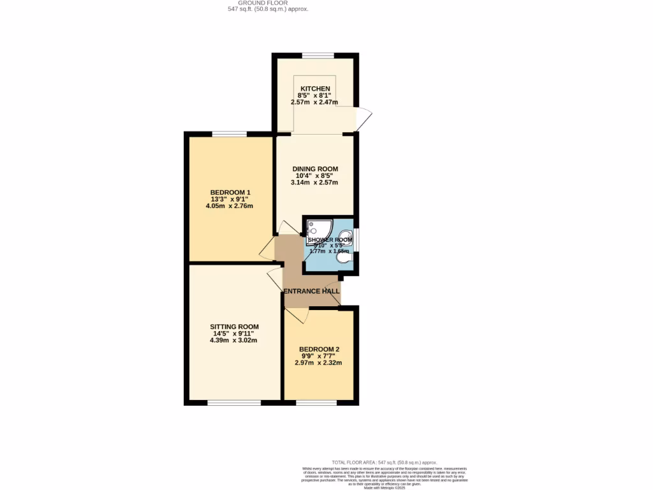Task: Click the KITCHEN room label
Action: click(316, 88)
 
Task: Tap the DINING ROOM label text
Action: click(316, 168)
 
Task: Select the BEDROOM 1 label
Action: click(230, 192)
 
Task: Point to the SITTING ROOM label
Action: click(234, 326)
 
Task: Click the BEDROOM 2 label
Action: click(319, 349)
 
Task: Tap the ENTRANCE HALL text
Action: click(311, 291)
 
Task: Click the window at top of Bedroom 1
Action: click(230, 134)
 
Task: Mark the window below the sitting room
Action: click(234, 403)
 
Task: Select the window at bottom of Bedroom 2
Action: click(317, 403)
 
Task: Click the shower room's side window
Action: click(356, 239)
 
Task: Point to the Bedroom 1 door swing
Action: click(267, 249)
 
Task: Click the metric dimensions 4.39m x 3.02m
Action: click(234, 341)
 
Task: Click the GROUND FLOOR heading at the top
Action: click(263, 3)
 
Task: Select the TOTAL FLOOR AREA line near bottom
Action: click(385, 462)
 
